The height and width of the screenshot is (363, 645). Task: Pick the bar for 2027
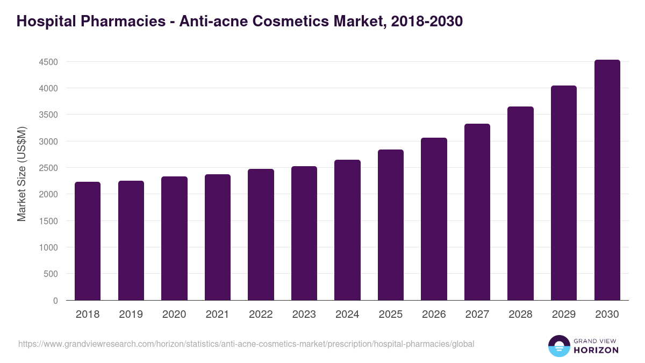pyautogui.click(x=477, y=212)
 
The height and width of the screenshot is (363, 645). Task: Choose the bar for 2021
pyautogui.click(x=217, y=237)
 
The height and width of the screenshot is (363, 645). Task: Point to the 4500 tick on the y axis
pyautogui.click(x=48, y=62)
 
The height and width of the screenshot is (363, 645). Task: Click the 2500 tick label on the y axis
pyautogui.click(x=48, y=168)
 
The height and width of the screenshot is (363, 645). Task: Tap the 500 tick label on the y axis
pyautogui.click(x=51, y=274)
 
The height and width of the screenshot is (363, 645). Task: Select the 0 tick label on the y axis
pyautogui.click(x=55, y=301)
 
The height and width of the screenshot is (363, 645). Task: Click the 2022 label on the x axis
pyautogui.click(x=261, y=315)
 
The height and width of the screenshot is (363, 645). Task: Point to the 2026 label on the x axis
pyautogui.click(x=434, y=315)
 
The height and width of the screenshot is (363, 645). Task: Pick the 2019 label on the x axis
pyautogui.click(x=131, y=315)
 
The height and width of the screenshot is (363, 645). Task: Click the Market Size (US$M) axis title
pyautogui.click(x=21, y=173)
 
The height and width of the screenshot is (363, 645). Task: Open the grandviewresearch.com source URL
pyautogui.click(x=246, y=344)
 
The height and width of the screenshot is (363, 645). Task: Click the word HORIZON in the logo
pyautogui.click(x=597, y=350)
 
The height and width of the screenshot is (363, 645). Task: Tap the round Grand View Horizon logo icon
pyautogui.click(x=559, y=346)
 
